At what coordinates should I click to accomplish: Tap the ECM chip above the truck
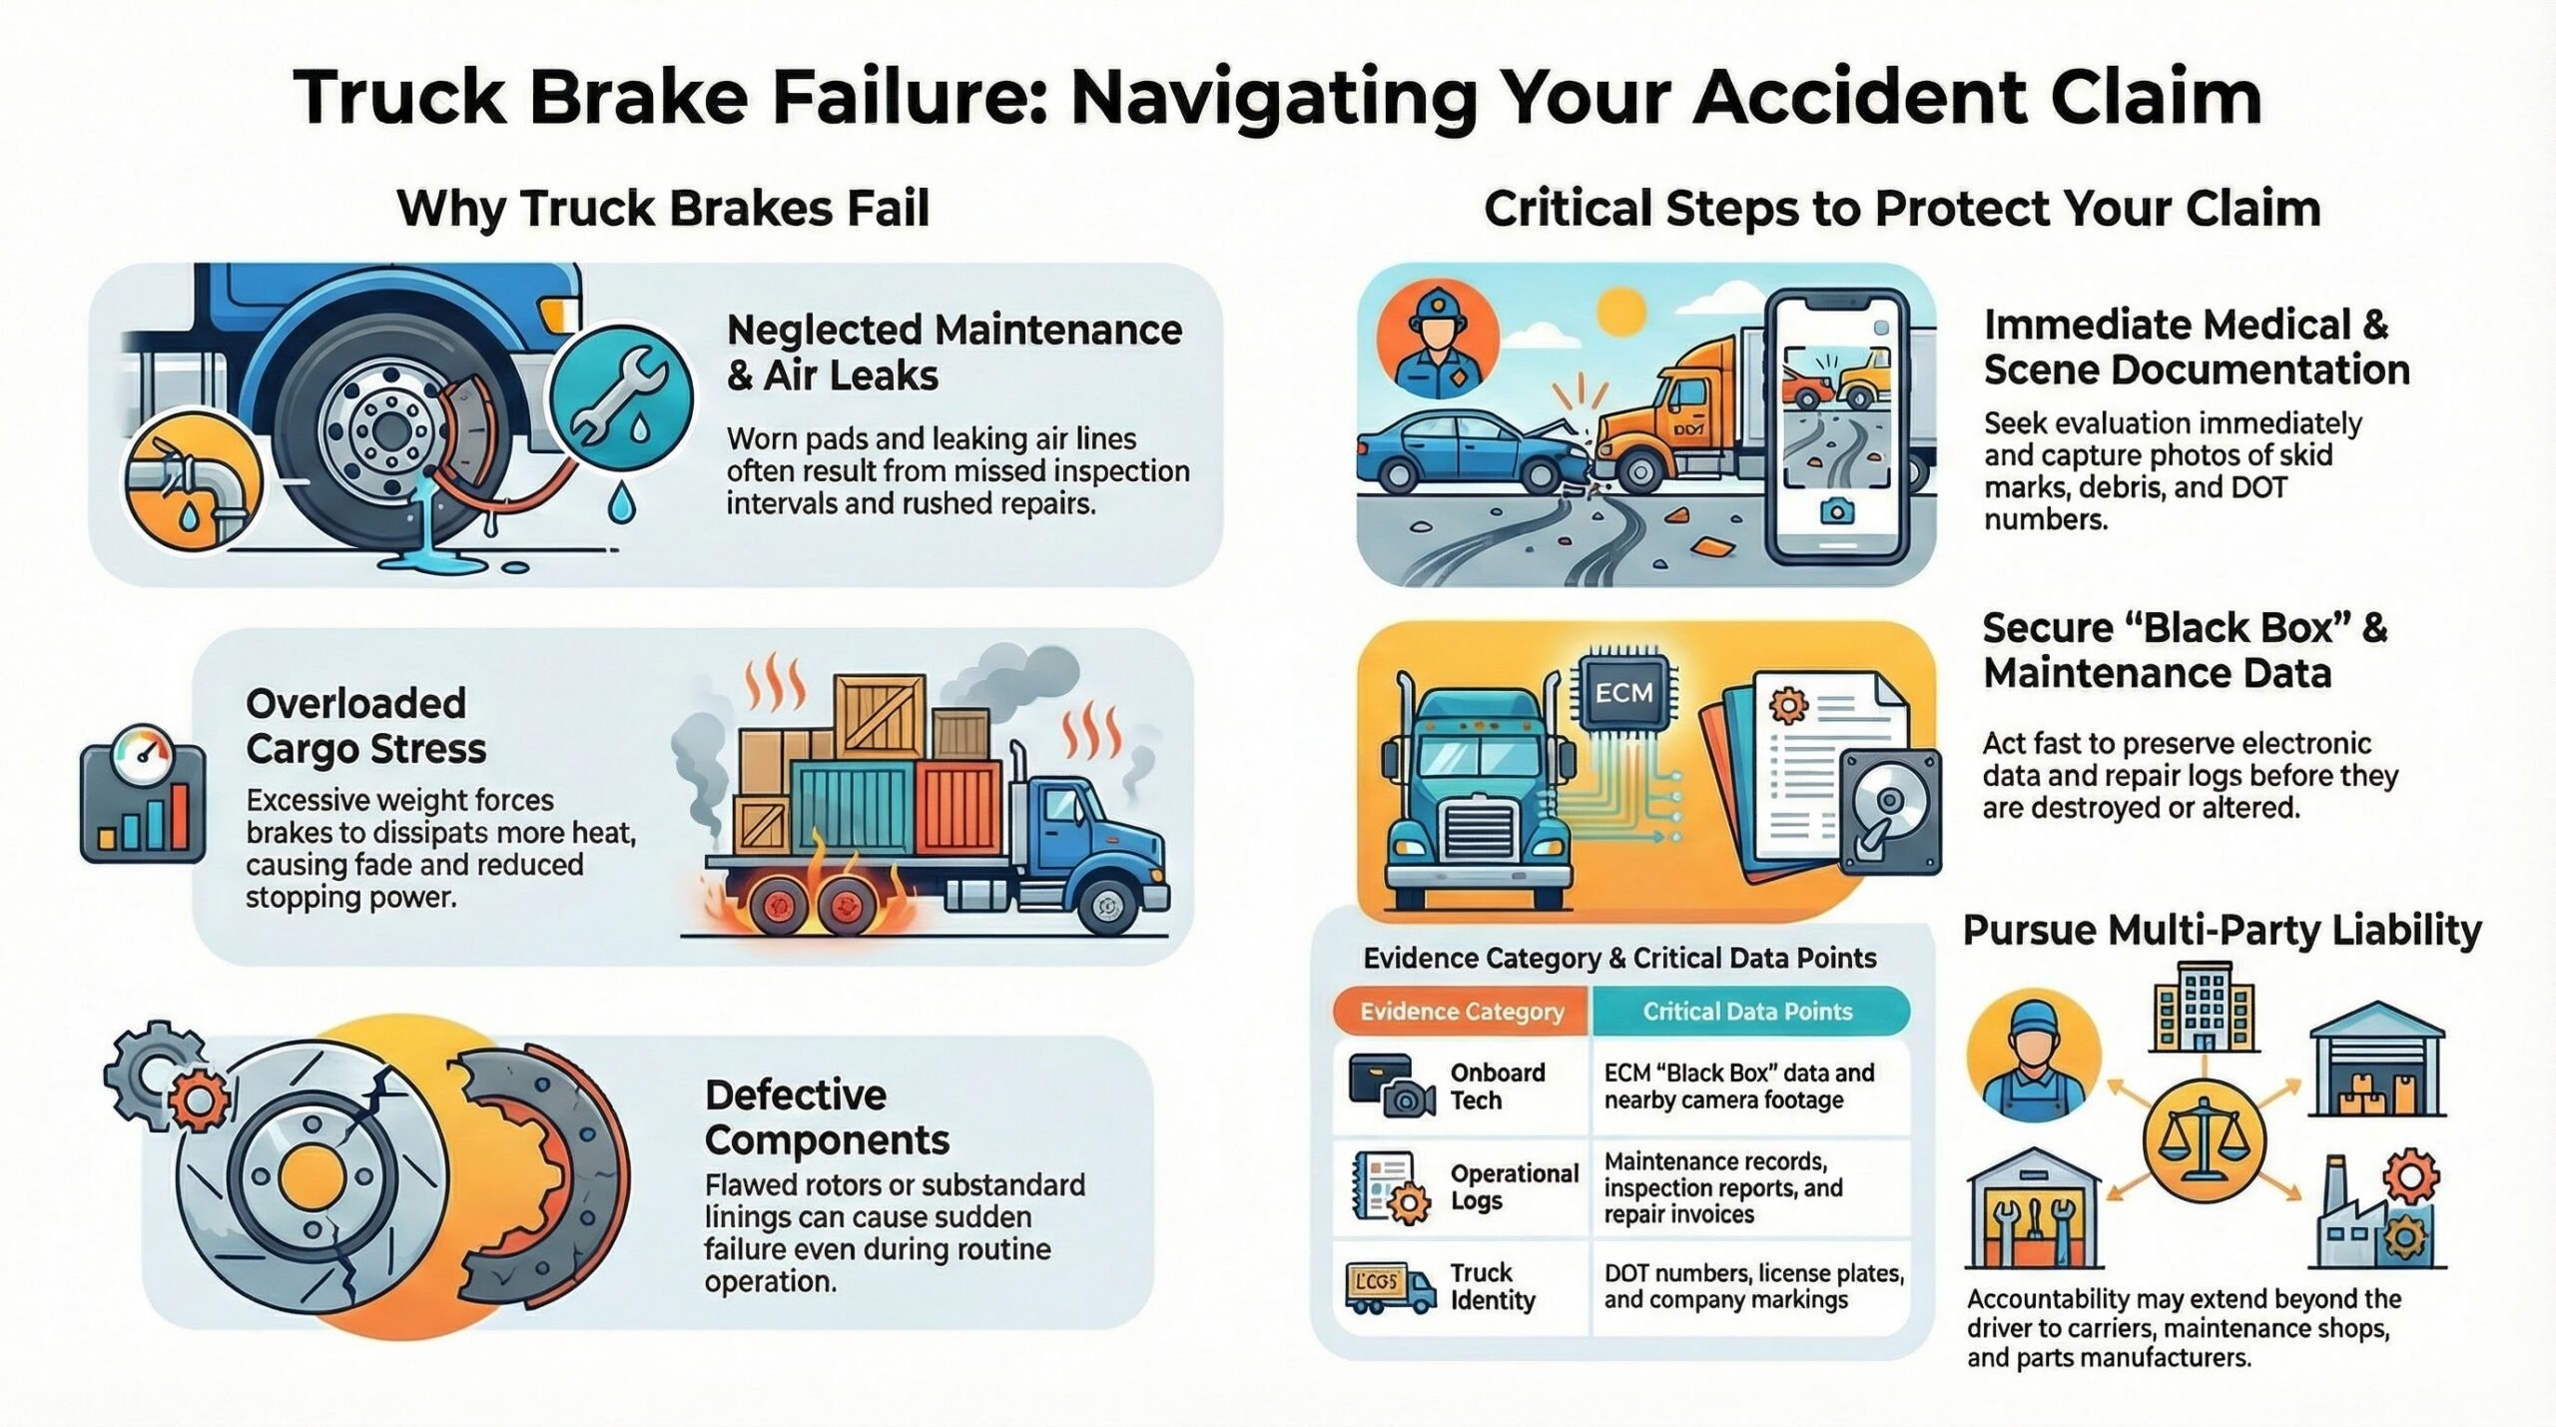[x=1623, y=693]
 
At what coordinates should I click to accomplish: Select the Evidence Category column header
[x=1462, y=1012]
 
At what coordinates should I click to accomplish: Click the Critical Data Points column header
[x=1748, y=1012]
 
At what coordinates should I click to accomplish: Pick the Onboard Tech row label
[x=1498, y=1086]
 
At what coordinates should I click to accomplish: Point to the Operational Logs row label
[x=1514, y=1186]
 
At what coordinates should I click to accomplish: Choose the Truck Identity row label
[x=1493, y=1286]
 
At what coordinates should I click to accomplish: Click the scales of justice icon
[x=2204, y=1138]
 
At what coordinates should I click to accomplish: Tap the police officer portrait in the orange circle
[x=1436, y=339]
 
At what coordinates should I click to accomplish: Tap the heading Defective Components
[x=827, y=1117]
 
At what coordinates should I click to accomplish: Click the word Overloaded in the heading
[x=355, y=704]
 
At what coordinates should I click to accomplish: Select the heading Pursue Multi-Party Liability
[x=2222, y=930]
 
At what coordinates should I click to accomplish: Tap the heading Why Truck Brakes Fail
[x=663, y=209]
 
